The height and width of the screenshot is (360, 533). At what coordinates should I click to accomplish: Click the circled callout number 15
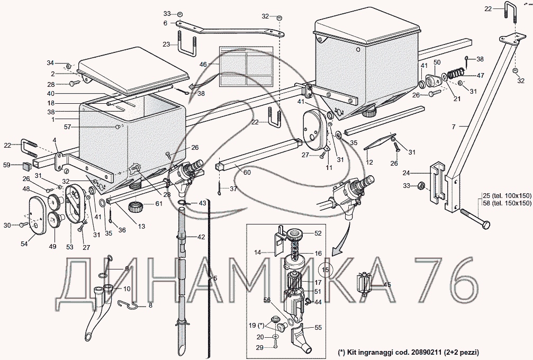pyautogui.click(x=325, y=270)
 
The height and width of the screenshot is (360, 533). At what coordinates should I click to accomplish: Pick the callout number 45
pyautogui.click(x=387, y=285)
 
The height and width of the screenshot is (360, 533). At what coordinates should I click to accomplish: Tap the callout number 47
pyautogui.click(x=480, y=76)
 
